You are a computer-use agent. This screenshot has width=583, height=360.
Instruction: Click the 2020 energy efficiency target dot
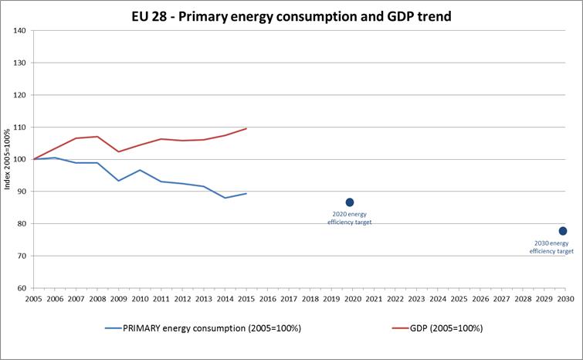pyautogui.click(x=350, y=202)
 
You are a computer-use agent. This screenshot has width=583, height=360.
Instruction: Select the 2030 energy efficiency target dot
pyautogui.click(x=563, y=231)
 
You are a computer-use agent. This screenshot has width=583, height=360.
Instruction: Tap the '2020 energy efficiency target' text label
pyautogui.click(x=350, y=218)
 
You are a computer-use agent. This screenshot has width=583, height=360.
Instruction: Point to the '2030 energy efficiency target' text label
pyautogui.click(x=552, y=247)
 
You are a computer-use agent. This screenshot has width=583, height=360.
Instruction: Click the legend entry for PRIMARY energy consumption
pyautogui.click(x=203, y=328)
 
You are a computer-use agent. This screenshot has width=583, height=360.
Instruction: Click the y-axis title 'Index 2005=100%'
pyautogui.click(x=8, y=160)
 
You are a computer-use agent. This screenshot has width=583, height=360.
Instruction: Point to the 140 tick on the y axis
pyautogui.click(x=19, y=31)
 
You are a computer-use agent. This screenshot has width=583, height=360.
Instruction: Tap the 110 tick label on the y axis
pyautogui.click(x=19, y=127)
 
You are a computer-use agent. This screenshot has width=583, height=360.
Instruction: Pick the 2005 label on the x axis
pyautogui.click(x=33, y=298)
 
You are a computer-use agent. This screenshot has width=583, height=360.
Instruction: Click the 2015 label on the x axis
pyautogui.click(x=246, y=298)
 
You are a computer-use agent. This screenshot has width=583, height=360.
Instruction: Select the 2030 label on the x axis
pyautogui.click(x=564, y=298)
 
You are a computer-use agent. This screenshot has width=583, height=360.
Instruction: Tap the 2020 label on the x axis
pyautogui.click(x=352, y=298)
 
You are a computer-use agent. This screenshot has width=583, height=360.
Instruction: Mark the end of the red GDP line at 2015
pyautogui.click(x=246, y=128)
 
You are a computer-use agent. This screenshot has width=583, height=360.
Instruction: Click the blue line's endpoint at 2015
pyautogui.click(x=246, y=194)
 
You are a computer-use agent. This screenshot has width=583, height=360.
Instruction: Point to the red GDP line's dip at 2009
pyautogui.click(x=118, y=151)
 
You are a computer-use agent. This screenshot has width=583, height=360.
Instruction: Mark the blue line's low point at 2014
pyautogui.click(x=225, y=198)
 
